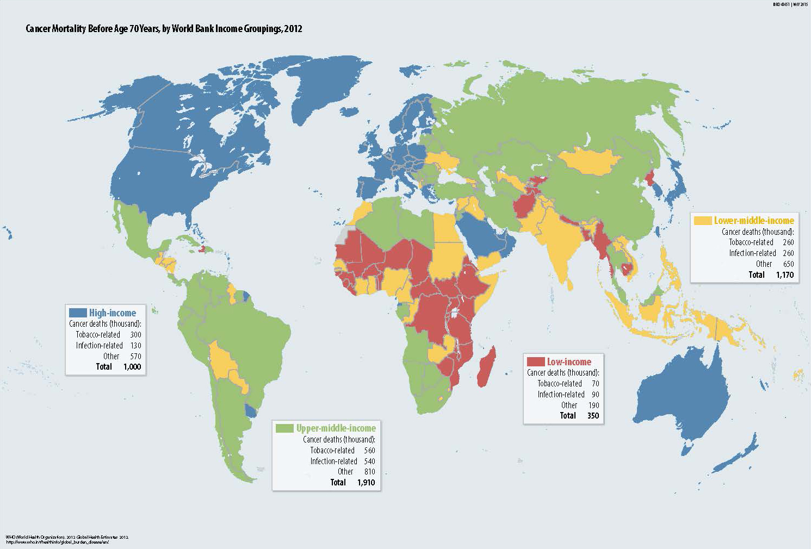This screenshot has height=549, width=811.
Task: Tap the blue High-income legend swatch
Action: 77,313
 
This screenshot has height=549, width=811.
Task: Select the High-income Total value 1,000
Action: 132,367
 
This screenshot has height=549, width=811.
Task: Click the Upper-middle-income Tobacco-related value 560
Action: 369,450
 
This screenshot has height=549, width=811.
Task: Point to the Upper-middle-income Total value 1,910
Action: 366,482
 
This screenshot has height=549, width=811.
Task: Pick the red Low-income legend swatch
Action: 536,361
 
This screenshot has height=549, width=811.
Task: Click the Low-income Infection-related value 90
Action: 595,394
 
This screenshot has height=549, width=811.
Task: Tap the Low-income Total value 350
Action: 593,415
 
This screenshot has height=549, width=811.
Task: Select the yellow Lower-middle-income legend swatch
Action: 703,221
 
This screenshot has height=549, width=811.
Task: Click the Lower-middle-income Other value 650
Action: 788,264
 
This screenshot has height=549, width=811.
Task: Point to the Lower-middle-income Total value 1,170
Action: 784,274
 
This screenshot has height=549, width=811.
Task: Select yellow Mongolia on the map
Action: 590,160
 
